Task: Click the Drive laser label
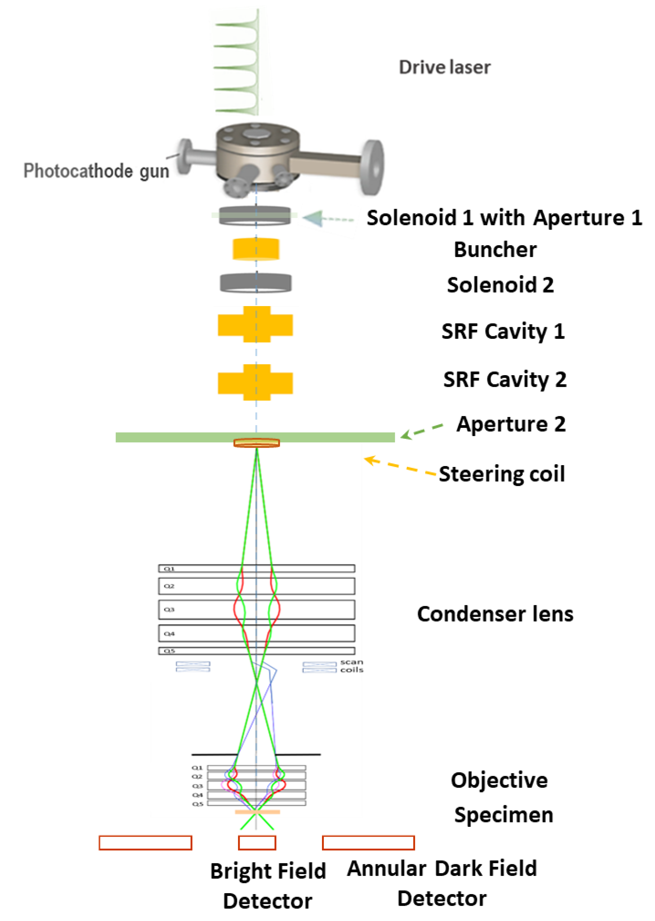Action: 445,67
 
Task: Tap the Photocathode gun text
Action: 96,171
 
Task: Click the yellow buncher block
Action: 256,249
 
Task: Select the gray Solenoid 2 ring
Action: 256,283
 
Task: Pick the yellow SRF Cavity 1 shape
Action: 255,325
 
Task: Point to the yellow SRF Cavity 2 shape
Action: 255,382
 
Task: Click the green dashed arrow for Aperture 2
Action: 422,430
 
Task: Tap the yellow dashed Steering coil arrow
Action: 399,467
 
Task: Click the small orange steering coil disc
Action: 256,443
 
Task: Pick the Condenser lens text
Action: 495,614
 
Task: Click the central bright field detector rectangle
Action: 257,843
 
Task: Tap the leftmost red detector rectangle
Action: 145,843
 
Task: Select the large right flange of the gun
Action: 372,167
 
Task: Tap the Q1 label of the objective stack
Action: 197,767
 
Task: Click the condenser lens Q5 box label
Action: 169,651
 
